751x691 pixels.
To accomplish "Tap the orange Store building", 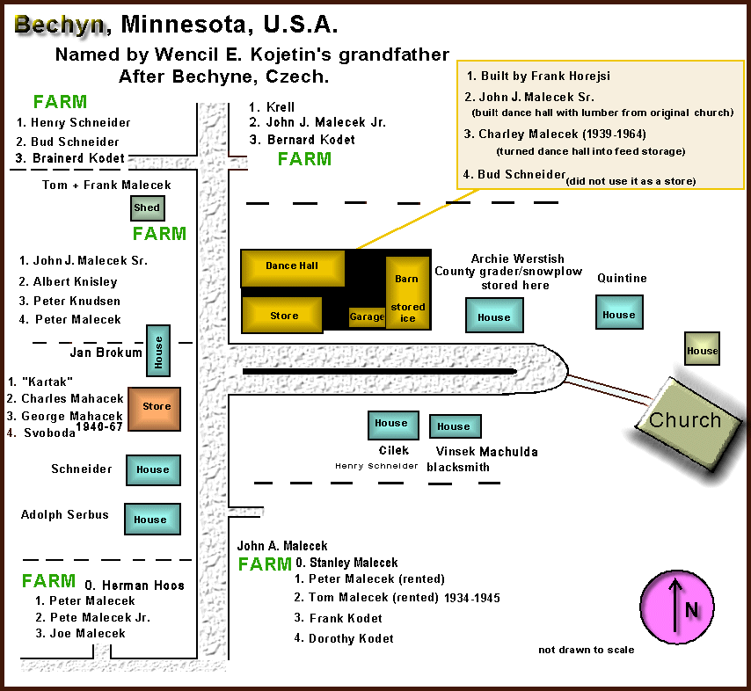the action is (x=154, y=409).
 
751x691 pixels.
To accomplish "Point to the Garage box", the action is (x=367, y=317).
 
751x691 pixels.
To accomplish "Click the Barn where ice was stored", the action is (x=407, y=293).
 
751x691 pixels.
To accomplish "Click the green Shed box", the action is (x=148, y=208).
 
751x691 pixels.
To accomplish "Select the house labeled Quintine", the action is (x=619, y=312).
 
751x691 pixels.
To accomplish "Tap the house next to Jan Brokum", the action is (x=158, y=351).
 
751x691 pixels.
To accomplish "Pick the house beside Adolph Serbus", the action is (x=152, y=519).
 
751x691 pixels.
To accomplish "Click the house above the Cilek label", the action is (x=393, y=426).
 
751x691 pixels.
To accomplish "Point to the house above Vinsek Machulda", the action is (x=455, y=426).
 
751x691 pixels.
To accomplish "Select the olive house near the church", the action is (x=702, y=349).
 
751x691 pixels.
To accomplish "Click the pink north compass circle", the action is (x=677, y=607).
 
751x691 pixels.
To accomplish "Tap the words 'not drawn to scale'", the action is (x=587, y=650).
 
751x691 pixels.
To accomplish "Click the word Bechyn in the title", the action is (x=60, y=25).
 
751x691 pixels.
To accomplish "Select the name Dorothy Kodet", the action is (x=351, y=638).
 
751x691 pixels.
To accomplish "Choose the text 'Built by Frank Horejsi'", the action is (x=545, y=76).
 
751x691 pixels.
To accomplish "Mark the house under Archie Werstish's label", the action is (x=494, y=315).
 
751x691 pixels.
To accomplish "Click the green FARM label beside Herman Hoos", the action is (x=49, y=581).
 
